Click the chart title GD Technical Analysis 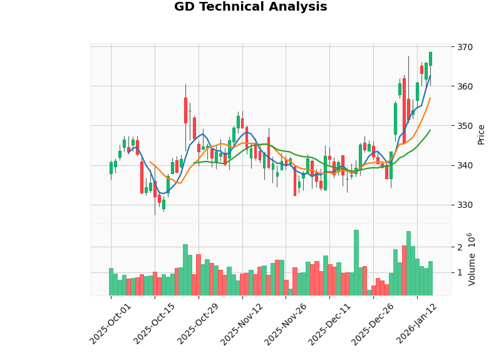pos(250,7)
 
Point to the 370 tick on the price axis pos(465,47)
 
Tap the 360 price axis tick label pos(465,86)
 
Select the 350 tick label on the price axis pos(465,126)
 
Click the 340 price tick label pos(465,165)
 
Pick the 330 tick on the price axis pos(465,205)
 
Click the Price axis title pos(481,134)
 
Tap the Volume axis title pos(472,259)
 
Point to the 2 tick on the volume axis pos(459,248)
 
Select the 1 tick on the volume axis pos(459,273)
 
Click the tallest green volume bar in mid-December pos(356,263)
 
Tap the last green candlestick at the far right pos(430,58)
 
